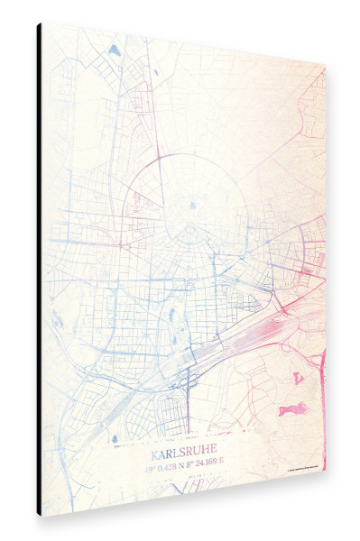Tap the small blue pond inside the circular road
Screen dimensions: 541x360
click(x=193, y=205)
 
